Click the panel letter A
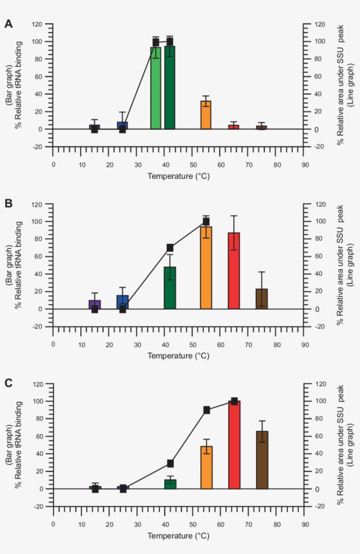tap(8, 24)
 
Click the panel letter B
tap(8, 204)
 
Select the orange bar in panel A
tap(206, 115)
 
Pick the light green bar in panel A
tap(155, 88)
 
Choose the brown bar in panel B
tap(262, 299)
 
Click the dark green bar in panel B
tap(170, 288)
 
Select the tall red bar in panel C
tap(234, 445)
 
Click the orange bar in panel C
tap(206, 467)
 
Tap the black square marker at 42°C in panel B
tap(170, 248)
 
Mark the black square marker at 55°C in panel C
tap(206, 410)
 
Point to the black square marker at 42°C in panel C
tap(170, 464)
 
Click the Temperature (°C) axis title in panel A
tap(178, 176)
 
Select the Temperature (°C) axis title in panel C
tap(178, 536)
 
